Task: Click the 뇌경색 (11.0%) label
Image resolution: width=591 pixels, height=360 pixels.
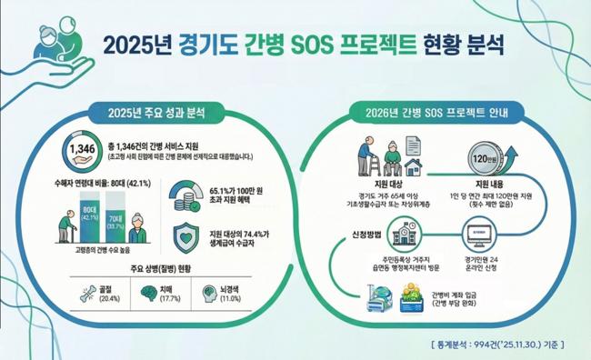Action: point(233,293)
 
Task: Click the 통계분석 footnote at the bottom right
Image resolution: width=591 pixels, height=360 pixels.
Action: point(498,344)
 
